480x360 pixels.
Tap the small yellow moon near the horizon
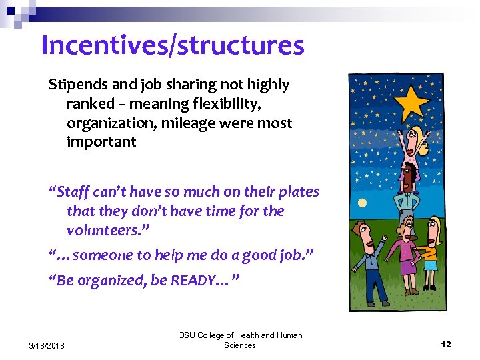(362, 203)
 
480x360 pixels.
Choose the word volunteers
(105, 231)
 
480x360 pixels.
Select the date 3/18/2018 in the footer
(47, 344)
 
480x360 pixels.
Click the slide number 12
(446, 344)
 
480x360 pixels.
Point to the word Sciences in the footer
(240, 345)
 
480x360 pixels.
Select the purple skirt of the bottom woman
(407, 267)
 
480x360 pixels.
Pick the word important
(101, 142)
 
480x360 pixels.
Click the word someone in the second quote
(113, 255)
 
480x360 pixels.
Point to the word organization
(107, 123)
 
